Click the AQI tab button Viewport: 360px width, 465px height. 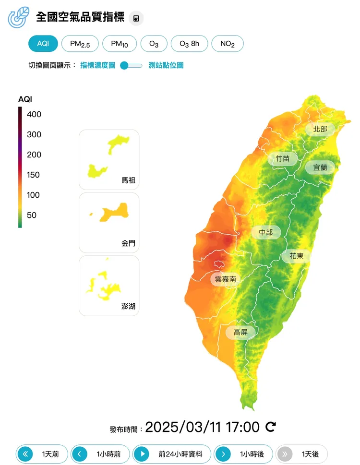(43, 44)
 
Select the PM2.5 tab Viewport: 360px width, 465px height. (80, 44)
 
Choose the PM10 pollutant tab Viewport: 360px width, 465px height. (120, 44)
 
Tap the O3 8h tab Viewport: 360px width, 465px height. (189, 44)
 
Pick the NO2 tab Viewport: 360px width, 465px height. (228, 44)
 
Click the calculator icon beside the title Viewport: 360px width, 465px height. (136, 19)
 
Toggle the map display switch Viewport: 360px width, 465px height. (131, 65)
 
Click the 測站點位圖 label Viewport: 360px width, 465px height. (166, 65)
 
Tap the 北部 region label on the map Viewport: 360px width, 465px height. (320, 129)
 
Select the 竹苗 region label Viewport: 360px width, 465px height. (282, 158)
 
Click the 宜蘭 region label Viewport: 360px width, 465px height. (320, 167)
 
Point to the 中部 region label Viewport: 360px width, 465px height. (265, 232)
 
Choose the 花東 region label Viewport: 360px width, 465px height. (296, 256)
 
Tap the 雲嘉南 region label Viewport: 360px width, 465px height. (225, 279)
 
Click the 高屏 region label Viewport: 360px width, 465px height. (240, 332)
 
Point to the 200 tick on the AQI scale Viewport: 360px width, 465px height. (34, 155)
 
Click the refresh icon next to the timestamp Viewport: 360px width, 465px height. (271, 427)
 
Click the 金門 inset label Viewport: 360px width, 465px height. (128, 243)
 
